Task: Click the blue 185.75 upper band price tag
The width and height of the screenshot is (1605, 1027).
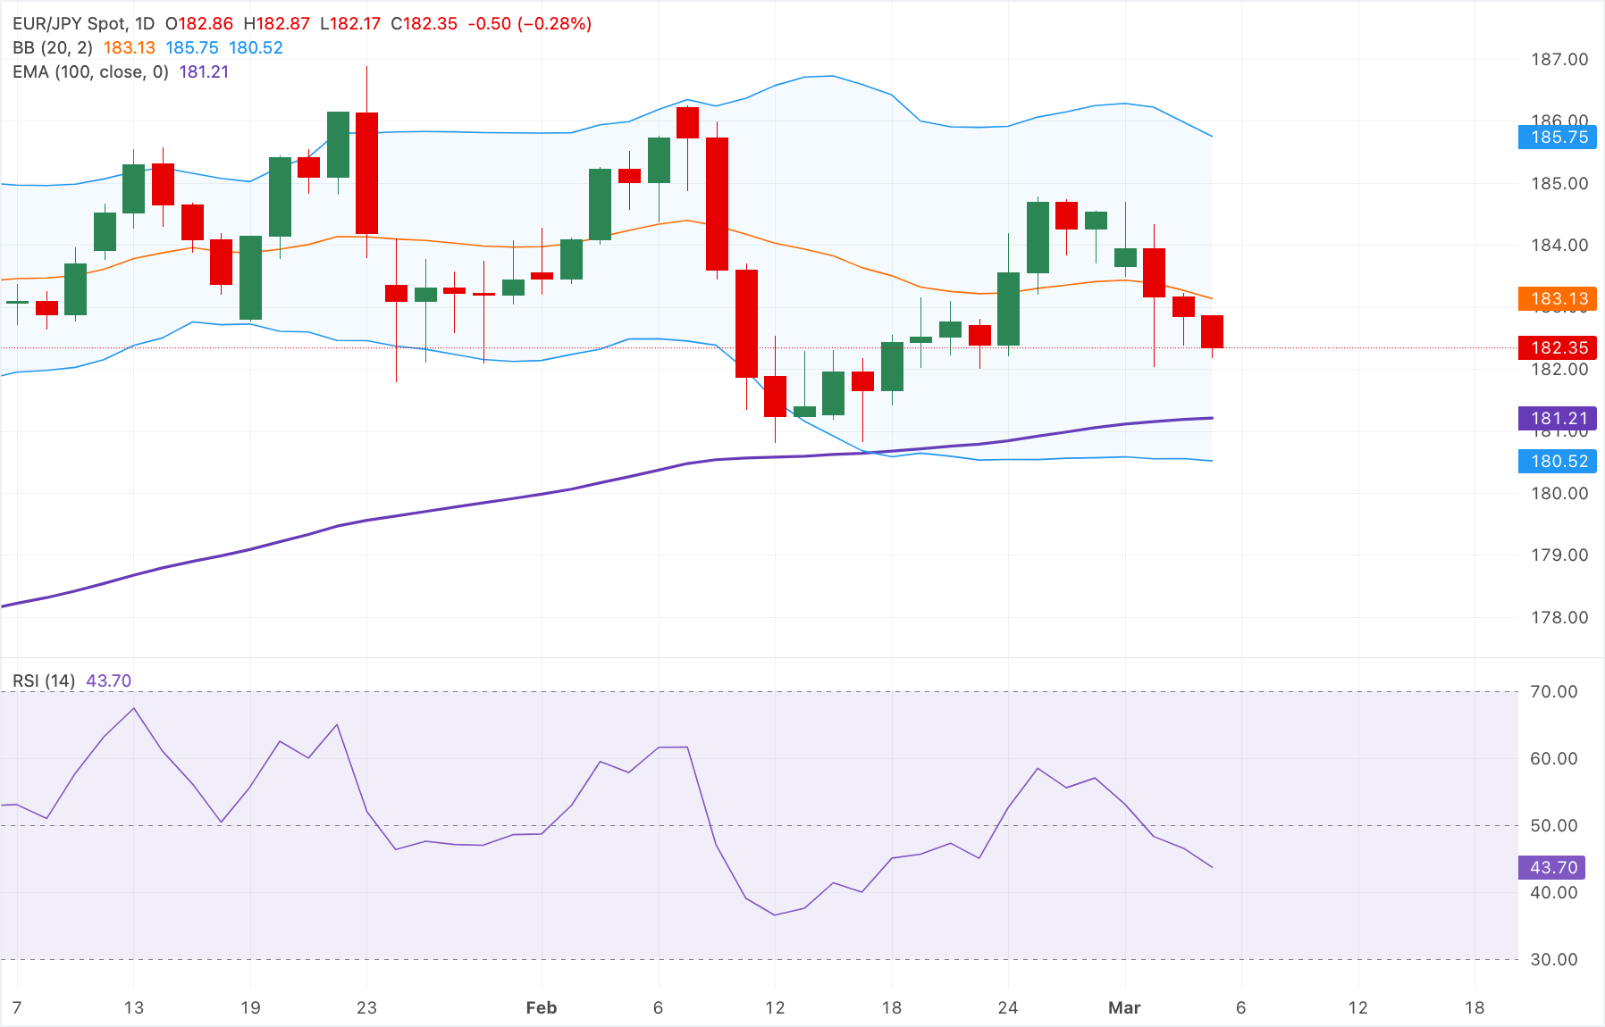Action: [1558, 138]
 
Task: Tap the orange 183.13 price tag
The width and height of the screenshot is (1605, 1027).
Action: [1558, 299]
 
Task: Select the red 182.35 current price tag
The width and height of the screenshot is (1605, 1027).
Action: [1558, 347]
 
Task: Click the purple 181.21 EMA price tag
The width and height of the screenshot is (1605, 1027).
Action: [1558, 418]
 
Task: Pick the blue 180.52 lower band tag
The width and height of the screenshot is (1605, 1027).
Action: [1558, 461]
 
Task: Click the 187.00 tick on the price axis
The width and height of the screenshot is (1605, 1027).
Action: [1559, 60]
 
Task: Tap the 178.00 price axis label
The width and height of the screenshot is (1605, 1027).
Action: [1559, 617]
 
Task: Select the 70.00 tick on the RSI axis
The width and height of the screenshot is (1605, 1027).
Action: [1554, 691]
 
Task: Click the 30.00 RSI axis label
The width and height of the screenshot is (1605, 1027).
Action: [1554, 959]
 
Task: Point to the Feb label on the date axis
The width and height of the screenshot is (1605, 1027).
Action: [541, 1007]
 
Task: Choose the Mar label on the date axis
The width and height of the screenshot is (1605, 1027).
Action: [1123, 1007]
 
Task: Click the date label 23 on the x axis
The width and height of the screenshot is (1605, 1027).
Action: [366, 1007]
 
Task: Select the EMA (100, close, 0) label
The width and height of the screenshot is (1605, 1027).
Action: [90, 72]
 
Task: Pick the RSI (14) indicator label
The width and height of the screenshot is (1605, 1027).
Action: [44, 680]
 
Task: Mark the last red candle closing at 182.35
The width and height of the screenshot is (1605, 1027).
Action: [1212, 331]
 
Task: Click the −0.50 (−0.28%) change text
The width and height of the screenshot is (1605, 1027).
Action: [529, 24]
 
